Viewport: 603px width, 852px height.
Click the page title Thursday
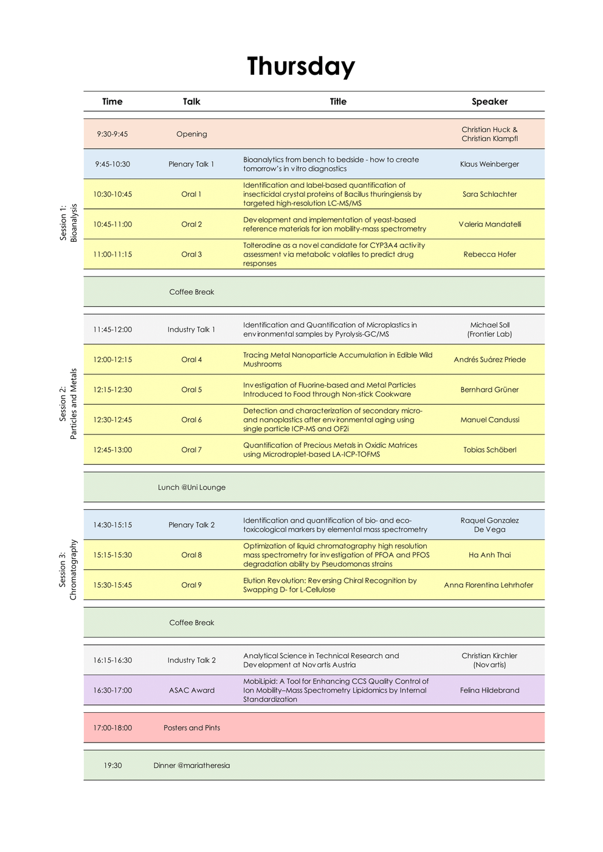tap(301, 66)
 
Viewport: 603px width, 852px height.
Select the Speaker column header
tap(489, 101)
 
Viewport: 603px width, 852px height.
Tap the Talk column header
tap(191, 101)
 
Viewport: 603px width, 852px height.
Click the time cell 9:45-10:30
tap(112, 164)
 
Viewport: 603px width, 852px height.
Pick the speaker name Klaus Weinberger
tap(489, 164)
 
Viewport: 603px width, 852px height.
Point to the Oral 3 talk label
tap(191, 255)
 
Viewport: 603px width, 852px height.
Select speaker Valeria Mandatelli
tap(489, 224)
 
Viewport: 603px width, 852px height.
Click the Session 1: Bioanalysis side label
tap(68, 223)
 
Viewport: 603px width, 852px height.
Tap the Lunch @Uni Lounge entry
tap(191, 487)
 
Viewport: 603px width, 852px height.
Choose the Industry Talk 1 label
tap(191, 329)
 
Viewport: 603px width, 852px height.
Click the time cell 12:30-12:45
tap(112, 420)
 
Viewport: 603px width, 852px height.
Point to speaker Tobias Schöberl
tap(489, 450)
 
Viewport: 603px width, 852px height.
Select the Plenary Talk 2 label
tap(191, 525)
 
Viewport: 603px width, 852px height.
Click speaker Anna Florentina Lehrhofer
tap(488, 585)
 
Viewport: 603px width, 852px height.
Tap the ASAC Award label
tap(191, 690)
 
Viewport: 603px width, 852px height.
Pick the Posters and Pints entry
tap(191, 728)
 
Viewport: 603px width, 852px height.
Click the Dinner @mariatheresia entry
tap(191, 766)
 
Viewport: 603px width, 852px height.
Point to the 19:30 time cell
tap(112, 766)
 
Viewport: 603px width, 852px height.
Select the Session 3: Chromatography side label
tap(68, 569)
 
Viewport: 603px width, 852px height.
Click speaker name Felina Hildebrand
tap(489, 690)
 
